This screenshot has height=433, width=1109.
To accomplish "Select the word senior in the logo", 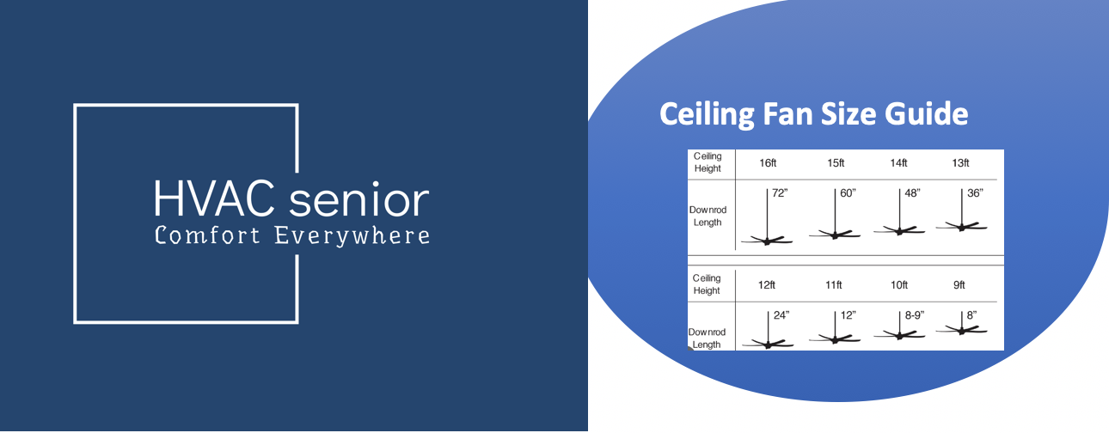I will [x=359, y=199].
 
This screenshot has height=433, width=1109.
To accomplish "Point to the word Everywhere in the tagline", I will [x=352, y=235].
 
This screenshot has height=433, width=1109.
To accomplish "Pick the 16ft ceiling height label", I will [x=769, y=163].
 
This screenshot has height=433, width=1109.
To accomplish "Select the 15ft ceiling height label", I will [x=836, y=163].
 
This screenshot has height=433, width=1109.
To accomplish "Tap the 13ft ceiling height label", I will [x=960, y=163].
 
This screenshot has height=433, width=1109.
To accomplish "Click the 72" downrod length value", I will [x=780, y=193].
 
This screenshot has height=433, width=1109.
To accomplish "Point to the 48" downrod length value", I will [x=912, y=193].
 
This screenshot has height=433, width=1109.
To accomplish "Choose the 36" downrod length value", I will [x=975, y=193].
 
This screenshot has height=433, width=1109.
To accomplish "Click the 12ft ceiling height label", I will [x=769, y=284].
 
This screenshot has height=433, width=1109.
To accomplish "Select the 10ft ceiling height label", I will [x=898, y=284].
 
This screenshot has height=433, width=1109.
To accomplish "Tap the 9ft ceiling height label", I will [x=959, y=284].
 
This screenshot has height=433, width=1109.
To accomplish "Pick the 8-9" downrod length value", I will [x=915, y=315].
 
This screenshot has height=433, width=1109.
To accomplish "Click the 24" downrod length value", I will [x=781, y=315].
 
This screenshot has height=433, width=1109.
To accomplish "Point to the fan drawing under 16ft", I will [x=766, y=240].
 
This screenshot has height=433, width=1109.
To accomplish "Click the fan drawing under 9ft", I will [x=960, y=327].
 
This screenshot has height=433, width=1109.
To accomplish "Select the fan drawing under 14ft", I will [x=898, y=229].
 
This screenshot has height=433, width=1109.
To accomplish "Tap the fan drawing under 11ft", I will [x=834, y=338].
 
